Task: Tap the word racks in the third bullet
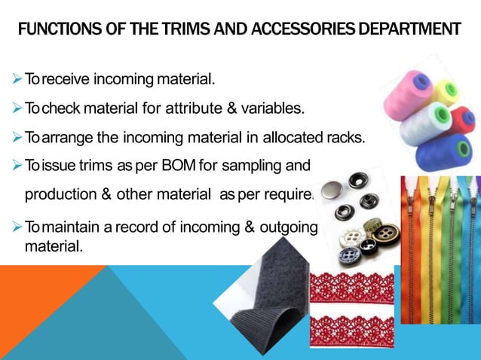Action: click(346, 137)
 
